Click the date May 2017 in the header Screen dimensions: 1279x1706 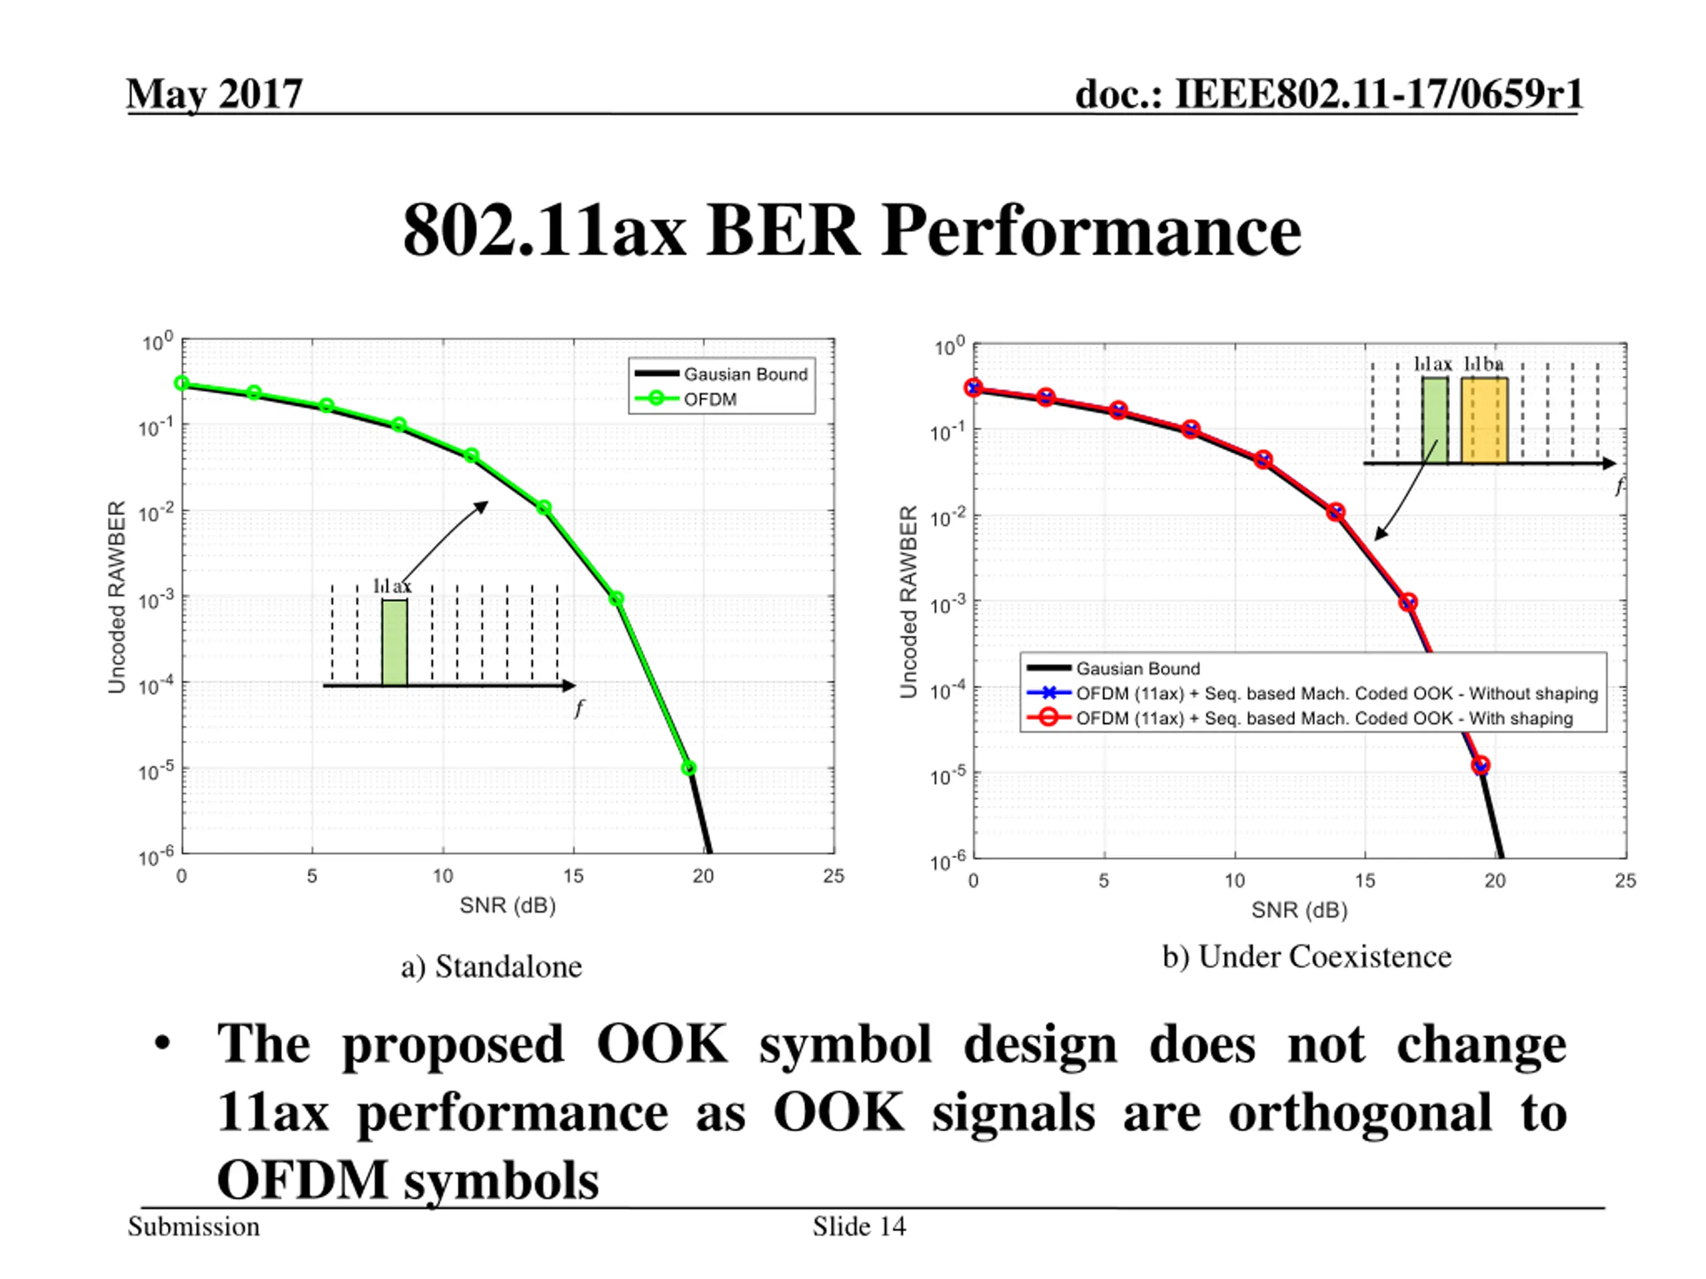pos(215,95)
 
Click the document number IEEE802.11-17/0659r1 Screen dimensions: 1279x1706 pos(1329,95)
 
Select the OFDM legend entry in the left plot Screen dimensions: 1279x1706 pos(710,399)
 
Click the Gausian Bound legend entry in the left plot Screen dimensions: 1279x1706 pos(745,374)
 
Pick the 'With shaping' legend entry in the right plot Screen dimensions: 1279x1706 pos(1323,719)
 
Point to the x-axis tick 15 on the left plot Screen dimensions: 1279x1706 pos(573,876)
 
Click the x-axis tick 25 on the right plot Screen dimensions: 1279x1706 pos(1625,881)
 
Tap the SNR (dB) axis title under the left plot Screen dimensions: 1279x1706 pos(508,905)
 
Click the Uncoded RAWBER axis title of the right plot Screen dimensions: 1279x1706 pos(908,602)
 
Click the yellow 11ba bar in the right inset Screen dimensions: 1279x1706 pos(1484,420)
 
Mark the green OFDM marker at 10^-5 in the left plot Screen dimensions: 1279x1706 pos(688,768)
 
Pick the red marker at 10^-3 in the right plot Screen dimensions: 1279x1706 pos(1408,602)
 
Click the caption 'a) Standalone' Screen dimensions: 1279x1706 pos(491,967)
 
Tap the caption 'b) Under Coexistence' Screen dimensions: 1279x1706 pos(1307,957)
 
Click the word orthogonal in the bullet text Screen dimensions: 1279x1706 pos(1359,1113)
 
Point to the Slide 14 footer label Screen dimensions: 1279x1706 pos(858,1226)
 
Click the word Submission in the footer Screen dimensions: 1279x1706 pos(193,1226)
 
